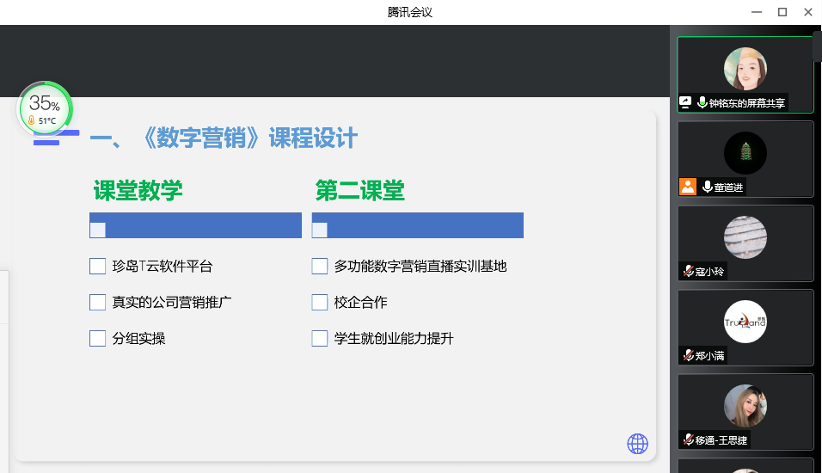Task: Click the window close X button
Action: [808, 12]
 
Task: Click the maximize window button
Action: [782, 12]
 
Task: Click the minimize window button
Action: [757, 12]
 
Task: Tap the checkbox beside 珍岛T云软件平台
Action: [97, 267]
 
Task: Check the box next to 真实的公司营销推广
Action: [97, 303]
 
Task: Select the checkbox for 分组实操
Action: [97, 339]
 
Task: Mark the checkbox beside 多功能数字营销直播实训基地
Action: [320, 267]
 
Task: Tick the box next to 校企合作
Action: [320, 303]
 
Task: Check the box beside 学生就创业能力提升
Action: [320, 339]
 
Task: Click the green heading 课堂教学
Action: [138, 190]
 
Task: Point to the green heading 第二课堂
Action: [360, 190]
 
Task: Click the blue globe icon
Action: [637, 444]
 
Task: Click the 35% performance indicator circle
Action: [45, 108]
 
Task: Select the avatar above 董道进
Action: [745, 153]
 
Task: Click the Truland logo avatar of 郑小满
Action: [745, 322]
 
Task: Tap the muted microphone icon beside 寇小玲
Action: [689, 271]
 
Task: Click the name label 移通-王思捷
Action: [721, 440]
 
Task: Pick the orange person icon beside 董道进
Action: [688, 187]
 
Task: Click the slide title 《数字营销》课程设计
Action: [250, 138]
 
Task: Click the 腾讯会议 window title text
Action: [410, 12]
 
